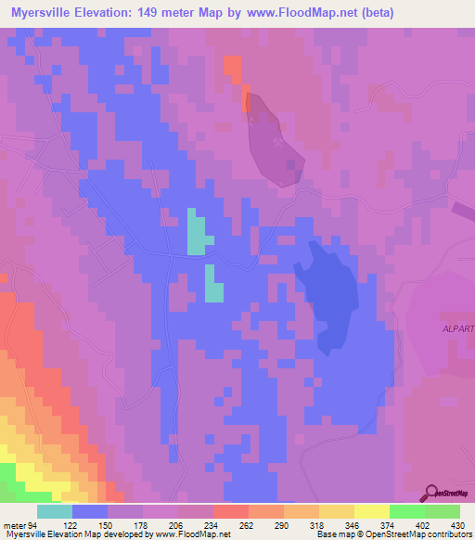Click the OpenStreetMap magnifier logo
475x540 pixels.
click(431, 493)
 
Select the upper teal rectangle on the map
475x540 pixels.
click(197, 232)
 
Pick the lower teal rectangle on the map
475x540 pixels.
click(213, 285)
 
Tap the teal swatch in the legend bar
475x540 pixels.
click(54, 511)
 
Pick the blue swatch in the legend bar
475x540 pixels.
click(89, 511)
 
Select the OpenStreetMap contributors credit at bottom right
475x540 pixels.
click(408, 534)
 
